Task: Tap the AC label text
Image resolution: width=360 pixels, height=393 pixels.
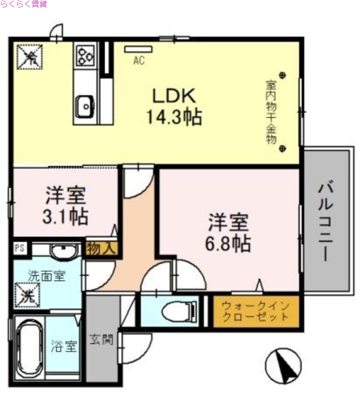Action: coord(138,61)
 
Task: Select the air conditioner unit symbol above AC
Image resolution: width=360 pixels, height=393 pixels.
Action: coord(138,49)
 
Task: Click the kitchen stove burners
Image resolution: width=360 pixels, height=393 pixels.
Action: coord(85,54)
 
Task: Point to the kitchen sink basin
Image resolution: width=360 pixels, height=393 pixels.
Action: coord(85,106)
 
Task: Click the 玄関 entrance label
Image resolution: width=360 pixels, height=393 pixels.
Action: coord(102,339)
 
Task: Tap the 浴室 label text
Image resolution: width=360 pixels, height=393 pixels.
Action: coord(64,347)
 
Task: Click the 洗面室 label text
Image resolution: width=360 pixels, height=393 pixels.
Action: coord(46,277)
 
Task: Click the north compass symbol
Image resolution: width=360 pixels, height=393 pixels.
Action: coord(283,365)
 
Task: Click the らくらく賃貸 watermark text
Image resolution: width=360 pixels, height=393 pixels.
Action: coord(24,4)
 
